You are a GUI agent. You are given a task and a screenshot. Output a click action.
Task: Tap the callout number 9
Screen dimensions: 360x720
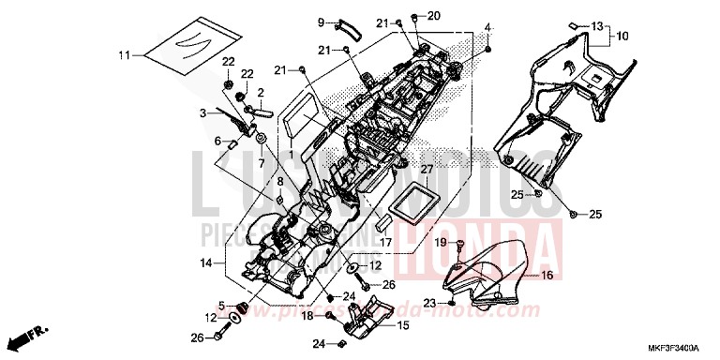coord(320,22)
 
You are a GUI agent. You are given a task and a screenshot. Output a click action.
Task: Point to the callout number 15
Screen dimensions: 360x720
coord(403,325)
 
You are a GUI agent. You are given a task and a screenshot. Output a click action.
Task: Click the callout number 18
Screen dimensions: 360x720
coord(306,316)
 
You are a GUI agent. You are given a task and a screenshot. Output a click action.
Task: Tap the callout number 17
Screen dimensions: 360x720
coord(385,241)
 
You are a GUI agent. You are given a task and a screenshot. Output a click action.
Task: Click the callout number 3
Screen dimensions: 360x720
coord(202,113)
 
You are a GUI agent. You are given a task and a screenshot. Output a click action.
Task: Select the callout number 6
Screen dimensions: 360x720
coord(217,142)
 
